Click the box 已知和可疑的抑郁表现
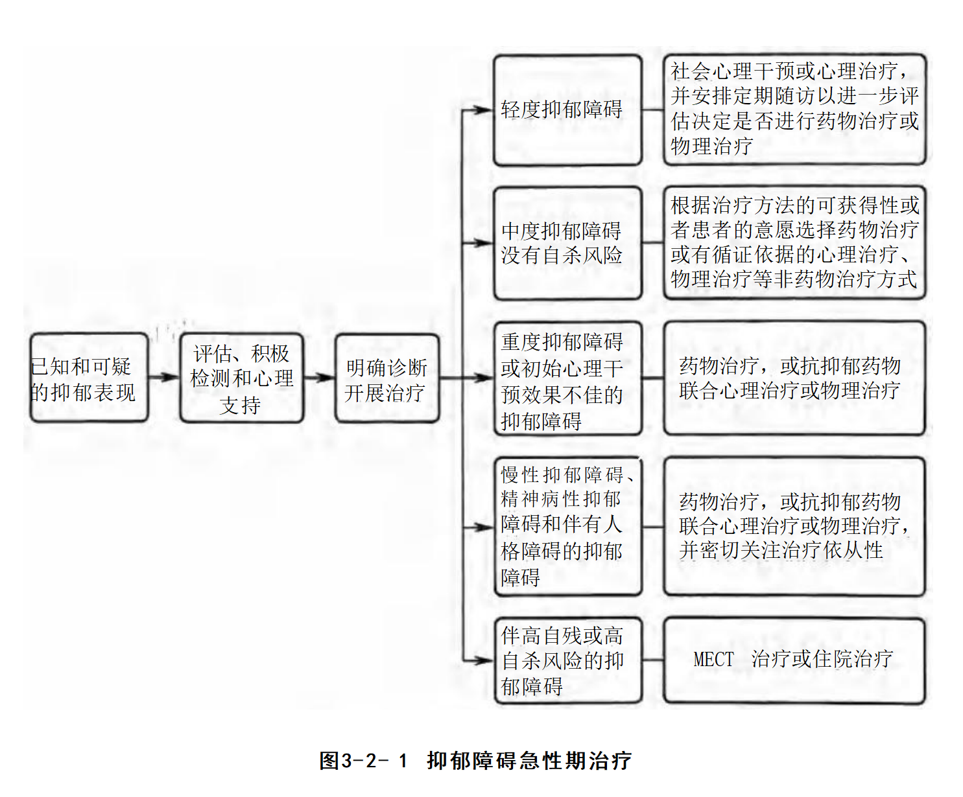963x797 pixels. coord(89,378)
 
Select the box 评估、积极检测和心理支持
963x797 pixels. coord(241,378)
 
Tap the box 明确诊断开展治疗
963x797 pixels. coord(386,378)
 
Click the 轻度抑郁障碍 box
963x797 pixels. coord(567,110)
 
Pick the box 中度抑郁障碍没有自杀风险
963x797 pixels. coord(567,243)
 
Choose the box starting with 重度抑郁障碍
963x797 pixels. coord(567,378)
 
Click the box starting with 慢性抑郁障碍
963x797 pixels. coord(567,526)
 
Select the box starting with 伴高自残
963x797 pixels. coord(567,660)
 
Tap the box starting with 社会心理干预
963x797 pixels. coord(794,109)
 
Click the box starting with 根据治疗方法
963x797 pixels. coord(794,242)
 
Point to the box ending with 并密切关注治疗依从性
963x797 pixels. coord(794,526)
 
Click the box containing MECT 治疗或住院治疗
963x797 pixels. coord(794,660)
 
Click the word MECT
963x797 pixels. coord(713,660)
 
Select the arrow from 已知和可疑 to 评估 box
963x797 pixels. coord(163,377)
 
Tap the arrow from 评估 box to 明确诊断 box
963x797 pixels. coord(319,377)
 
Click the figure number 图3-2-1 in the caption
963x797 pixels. coord(363,760)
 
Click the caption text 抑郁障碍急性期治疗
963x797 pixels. coord(529,760)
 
